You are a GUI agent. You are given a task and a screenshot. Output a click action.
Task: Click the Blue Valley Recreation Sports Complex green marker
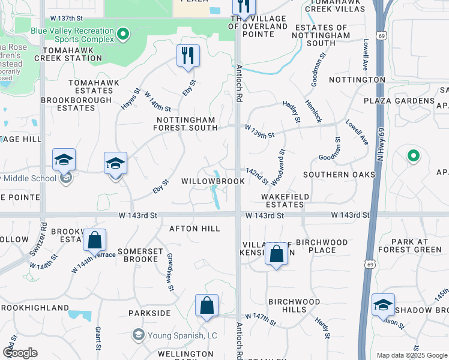123,34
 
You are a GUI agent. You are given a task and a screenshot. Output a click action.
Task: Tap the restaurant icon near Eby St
188,56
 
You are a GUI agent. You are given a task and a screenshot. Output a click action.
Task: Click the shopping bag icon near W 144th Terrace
94,241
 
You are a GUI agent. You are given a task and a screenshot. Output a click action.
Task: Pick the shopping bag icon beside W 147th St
206,305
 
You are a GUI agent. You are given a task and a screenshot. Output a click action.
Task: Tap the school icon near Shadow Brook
382,305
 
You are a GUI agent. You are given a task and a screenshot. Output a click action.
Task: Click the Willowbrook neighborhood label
213,181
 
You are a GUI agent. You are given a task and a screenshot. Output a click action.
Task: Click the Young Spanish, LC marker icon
139,334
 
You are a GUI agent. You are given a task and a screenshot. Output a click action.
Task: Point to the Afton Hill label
194,229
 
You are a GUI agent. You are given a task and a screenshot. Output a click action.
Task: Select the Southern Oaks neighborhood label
339,175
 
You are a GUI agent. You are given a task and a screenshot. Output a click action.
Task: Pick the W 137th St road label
66,19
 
